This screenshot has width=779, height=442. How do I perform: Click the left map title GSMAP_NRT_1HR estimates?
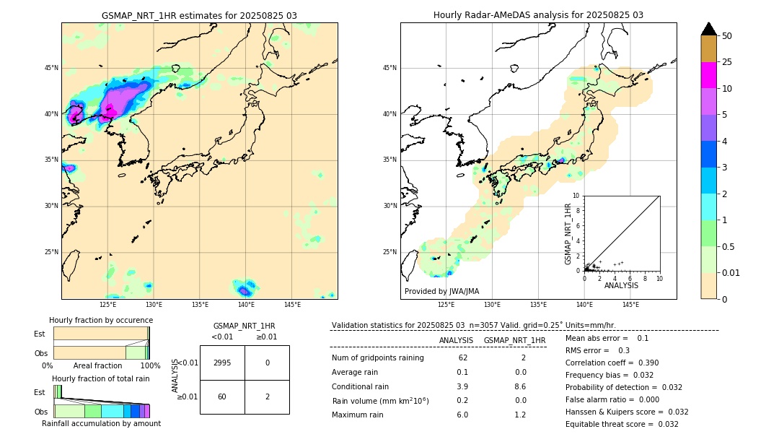coord(199,15)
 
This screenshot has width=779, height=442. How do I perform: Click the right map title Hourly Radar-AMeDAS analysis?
coord(538,15)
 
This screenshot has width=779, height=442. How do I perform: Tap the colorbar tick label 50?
coord(727,35)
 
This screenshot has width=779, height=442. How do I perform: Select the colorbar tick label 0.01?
coord(731,272)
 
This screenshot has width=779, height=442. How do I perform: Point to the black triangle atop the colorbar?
coord(709,29)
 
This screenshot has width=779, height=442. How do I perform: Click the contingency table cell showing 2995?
coord(222,363)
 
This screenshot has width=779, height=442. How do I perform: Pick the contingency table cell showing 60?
coord(222,396)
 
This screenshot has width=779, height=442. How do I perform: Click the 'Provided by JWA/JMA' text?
coord(441,292)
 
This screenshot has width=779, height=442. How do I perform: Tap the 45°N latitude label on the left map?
coord(51,68)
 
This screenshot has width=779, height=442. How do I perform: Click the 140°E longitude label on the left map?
coord(246,305)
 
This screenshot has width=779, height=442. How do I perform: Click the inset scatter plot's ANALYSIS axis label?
coord(621,286)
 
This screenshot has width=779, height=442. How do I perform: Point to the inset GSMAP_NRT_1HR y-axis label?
coord(568,234)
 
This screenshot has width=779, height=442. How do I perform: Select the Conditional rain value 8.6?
coord(515,386)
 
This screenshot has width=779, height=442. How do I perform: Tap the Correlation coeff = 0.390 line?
coord(612,363)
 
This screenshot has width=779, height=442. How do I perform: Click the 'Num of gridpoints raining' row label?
coord(377,358)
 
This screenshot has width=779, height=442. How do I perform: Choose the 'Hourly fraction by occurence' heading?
coord(101,320)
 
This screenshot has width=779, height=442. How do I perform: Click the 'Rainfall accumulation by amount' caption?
coord(101,423)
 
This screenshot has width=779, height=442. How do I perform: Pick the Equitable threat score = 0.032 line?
coord(622,424)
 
